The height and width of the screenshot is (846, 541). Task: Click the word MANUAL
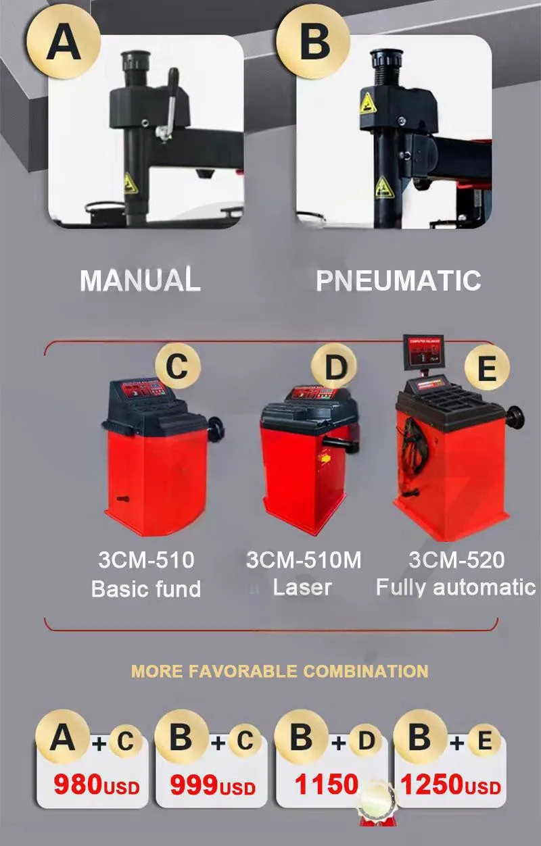pos(140,280)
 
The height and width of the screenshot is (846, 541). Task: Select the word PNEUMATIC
pos(398,280)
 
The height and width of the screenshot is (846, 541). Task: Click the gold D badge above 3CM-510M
pos(334,369)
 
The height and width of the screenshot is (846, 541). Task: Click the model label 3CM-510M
pos(304,560)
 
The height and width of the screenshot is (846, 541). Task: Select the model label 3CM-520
pos(456,560)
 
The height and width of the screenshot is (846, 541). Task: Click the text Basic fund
pos(146,589)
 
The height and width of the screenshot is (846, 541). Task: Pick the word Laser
pos(302,587)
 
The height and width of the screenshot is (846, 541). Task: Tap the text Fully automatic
pos(456,587)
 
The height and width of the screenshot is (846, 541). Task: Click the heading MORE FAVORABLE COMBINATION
pos(279,671)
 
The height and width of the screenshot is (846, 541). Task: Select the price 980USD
pos(96,785)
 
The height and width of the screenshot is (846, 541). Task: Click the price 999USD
pos(213,785)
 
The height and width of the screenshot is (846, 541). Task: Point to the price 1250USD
pos(450,785)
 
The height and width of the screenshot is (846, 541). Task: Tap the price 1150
pos(326,785)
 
